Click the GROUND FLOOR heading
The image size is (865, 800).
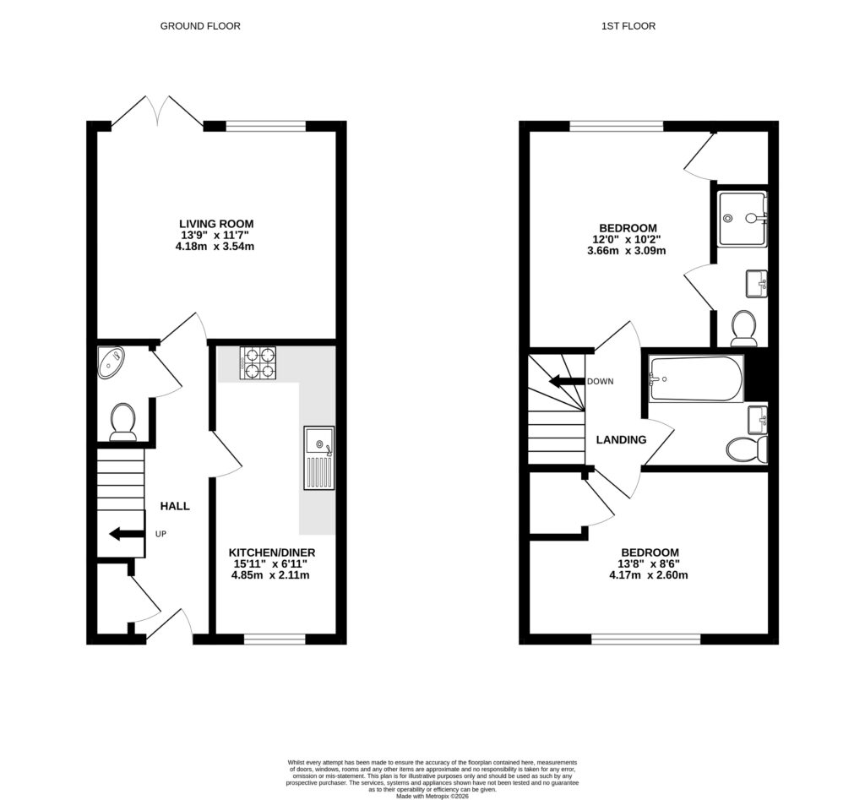click(x=200, y=26)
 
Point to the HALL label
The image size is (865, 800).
click(x=175, y=506)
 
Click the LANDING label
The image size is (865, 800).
click(x=621, y=440)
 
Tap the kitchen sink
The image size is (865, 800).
click(x=318, y=457)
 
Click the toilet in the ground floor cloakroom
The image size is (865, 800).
click(x=123, y=421)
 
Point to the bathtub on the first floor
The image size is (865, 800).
click(x=695, y=378)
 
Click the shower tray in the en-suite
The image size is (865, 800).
click(x=742, y=218)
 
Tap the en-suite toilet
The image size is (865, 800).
click(x=743, y=328)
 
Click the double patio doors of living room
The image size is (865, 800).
click(x=157, y=112)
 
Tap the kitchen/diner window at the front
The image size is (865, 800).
click(x=275, y=639)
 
